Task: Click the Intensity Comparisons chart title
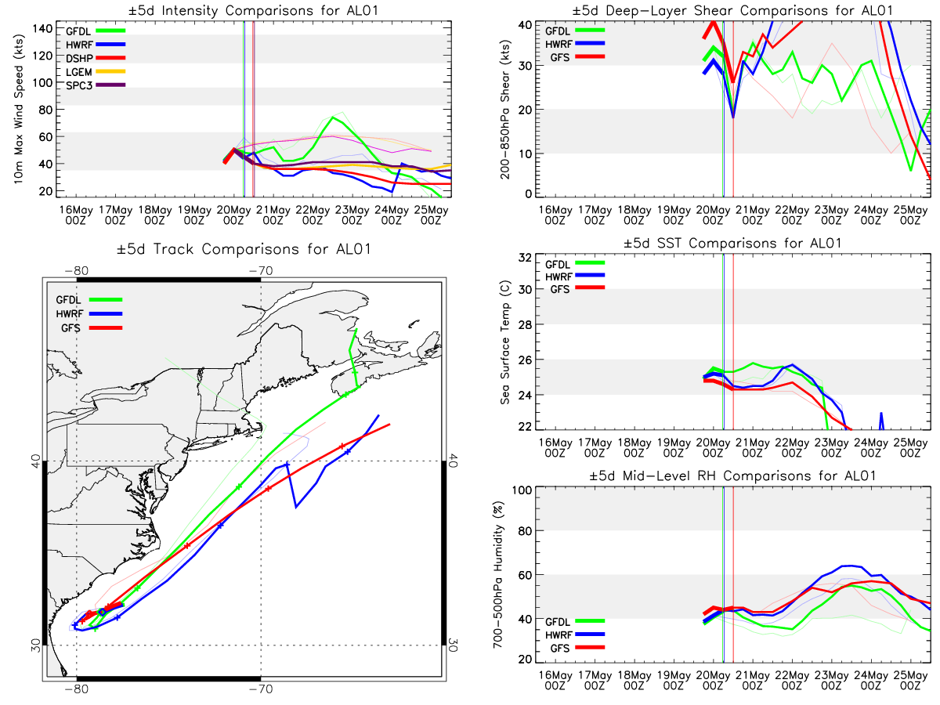click(x=253, y=10)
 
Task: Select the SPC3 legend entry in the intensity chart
click(x=96, y=85)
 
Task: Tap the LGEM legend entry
click(x=96, y=72)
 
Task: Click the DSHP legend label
click(x=79, y=58)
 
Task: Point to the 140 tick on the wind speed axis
click(x=42, y=29)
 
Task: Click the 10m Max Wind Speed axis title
click(x=18, y=109)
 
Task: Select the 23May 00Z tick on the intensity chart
click(x=352, y=215)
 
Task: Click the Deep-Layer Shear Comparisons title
click(x=732, y=10)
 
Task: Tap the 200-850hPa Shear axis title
click(x=506, y=109)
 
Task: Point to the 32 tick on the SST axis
click(x=525, y=258)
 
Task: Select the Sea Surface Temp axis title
click(x=505, y=342)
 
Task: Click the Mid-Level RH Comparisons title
click(x=732, y=476)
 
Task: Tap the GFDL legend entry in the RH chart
click(x=575, y=621)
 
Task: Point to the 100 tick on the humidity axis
click(x=522, y=490)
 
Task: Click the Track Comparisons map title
click(x=244, y=249)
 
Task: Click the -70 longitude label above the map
click(x=260, y=271)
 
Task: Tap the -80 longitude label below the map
click(x=76, y=689)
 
